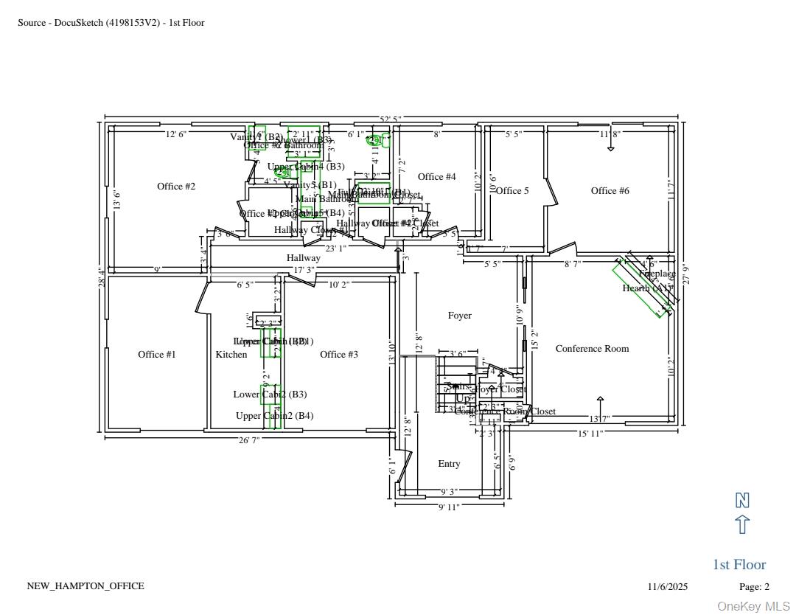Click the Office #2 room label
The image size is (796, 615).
click(x=176, y=187)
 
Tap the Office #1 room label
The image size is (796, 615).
click(x=157, y=355)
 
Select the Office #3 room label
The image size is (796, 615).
click(x=339, y=355)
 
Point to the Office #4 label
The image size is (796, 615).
click(x=437, y=177)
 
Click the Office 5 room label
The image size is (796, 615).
click(x=512, y=191)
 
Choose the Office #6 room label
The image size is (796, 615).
click(x=610, y=191)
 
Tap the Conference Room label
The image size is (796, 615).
click(x=593, y=349)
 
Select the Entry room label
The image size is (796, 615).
click(x=449, y=464)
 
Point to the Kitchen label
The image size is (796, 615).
click(x=231, y=355)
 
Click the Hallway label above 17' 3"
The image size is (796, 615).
click(x=304, y=258)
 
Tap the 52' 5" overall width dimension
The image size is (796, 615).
click(x=391, y=119)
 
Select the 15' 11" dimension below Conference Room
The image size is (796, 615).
click(x=590, y=434)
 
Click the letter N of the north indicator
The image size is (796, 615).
click(x=742, y=501)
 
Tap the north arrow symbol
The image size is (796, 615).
click(x=742, y=525)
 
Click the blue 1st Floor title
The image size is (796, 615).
click(x=739, y=565)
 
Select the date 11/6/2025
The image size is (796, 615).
click(x=668, y=587)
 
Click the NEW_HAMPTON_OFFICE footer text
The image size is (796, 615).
click(x=85, y=586)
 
